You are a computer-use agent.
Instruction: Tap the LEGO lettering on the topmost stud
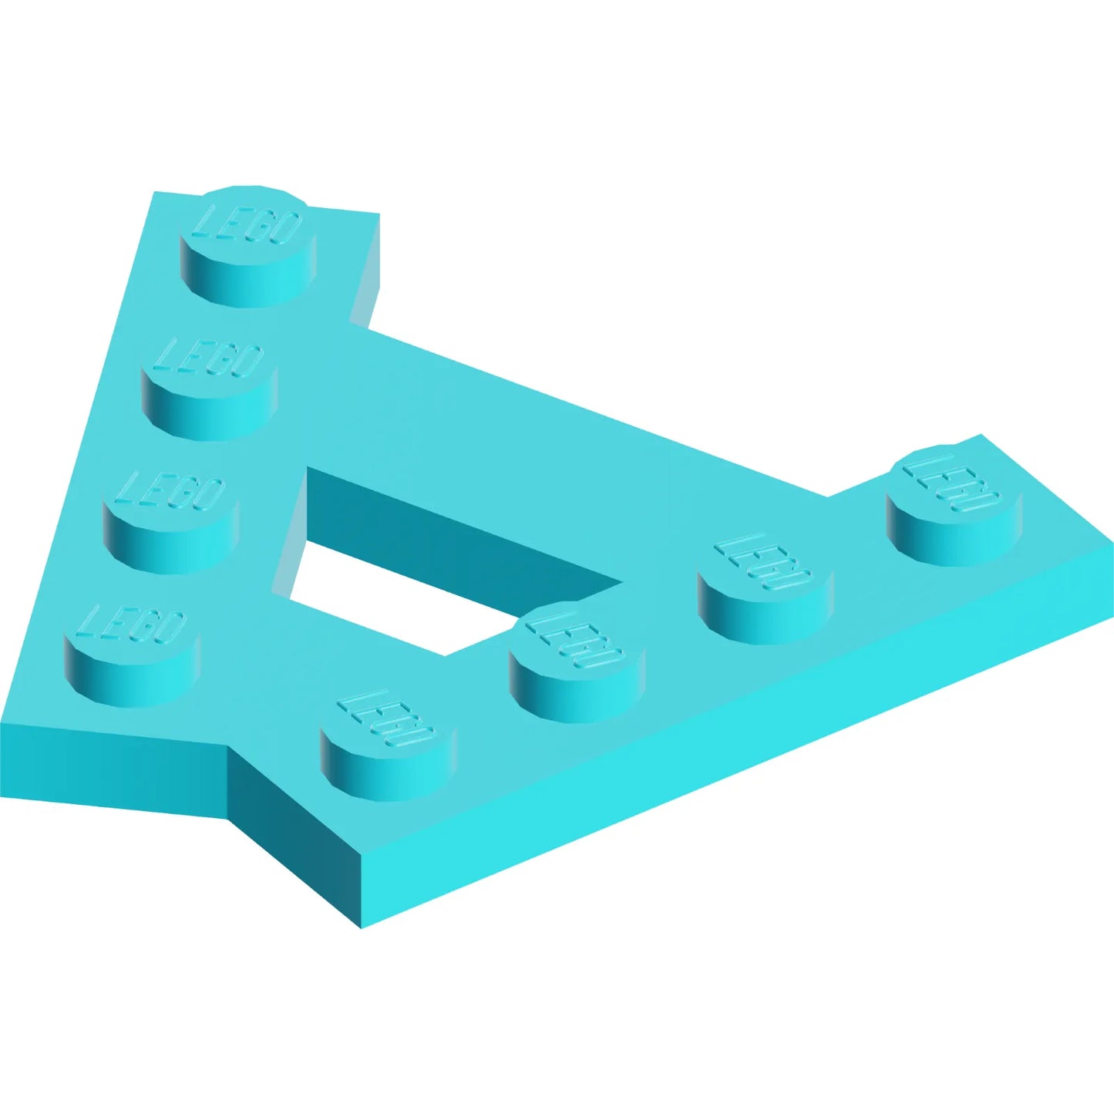pos(248,225)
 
